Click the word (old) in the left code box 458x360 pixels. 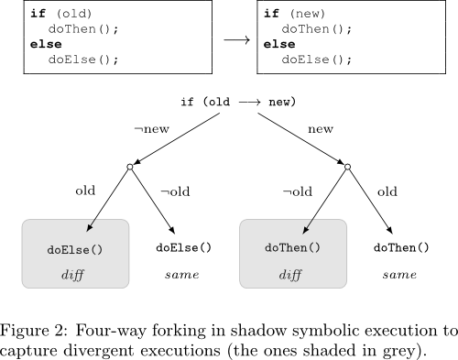74,14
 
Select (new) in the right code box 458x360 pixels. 308,14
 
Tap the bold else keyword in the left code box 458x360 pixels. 46,44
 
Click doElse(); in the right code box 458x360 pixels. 317,60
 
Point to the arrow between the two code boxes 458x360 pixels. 237,40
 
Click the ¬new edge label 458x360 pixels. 152,129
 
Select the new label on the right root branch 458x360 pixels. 321,129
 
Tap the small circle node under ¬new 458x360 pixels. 130,167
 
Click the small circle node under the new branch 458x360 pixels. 347,167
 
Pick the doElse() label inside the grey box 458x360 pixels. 75,250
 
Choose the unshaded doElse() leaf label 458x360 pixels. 183,247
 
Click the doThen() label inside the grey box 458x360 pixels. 292,247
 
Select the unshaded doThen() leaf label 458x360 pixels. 401,247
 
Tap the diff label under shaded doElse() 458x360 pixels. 72,275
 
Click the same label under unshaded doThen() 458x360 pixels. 399,275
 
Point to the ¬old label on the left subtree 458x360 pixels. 175,191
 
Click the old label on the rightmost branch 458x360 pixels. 387,191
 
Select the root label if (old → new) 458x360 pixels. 238,102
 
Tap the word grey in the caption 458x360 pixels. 398,351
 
